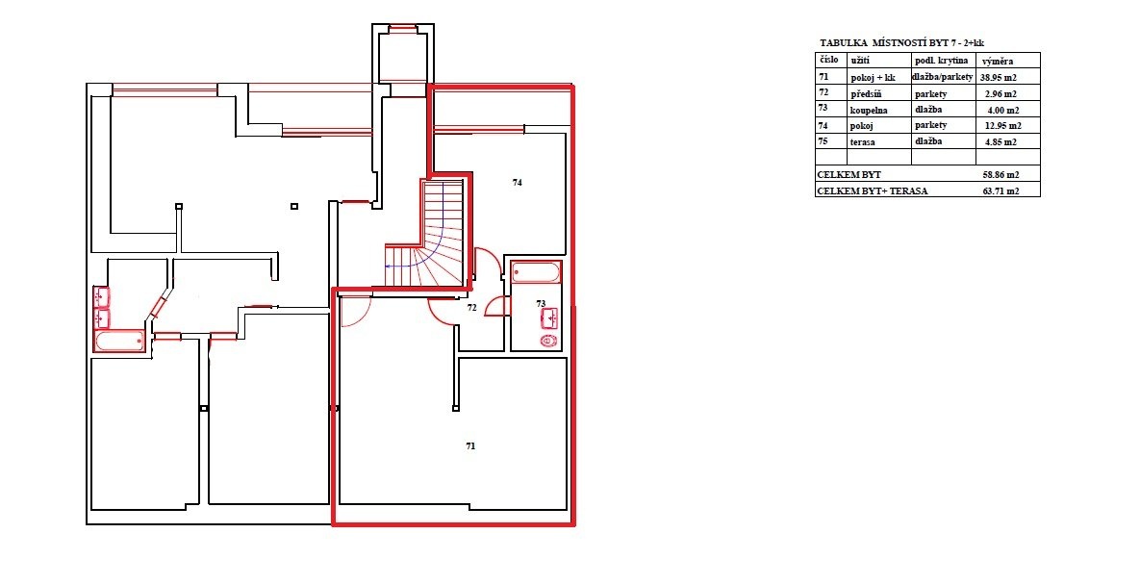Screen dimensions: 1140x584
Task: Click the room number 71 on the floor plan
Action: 470,445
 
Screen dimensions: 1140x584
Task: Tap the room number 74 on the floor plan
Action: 517,183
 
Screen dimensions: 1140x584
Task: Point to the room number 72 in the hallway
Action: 471,308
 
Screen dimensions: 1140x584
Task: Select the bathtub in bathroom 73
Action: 536,272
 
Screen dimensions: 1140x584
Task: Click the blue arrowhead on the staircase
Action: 389,267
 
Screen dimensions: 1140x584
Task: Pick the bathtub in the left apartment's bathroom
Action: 120,342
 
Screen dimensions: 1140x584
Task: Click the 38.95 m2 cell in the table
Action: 1000,76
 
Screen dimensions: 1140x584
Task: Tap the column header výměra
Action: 998,61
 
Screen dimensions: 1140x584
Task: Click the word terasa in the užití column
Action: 863,141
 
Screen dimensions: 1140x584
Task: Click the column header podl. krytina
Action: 941,61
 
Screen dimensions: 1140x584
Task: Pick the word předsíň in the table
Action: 866,94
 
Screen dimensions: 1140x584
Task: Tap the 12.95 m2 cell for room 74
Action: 1000,126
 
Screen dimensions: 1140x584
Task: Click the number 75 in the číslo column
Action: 823,141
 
